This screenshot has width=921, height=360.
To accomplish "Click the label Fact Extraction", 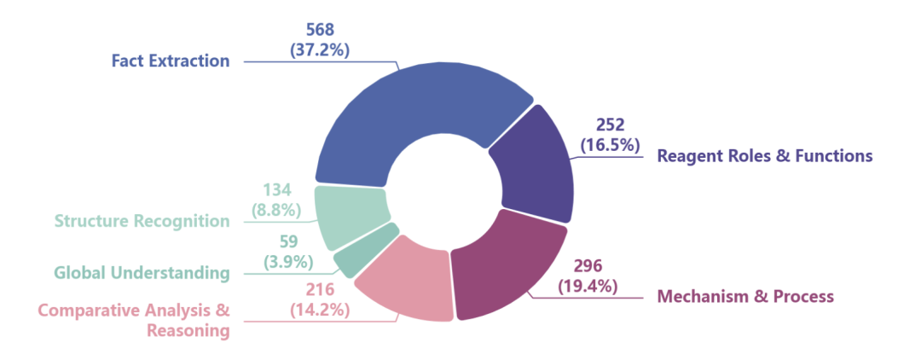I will pyautogui.click(x=171, y=61).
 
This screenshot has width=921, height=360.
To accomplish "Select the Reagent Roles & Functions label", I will pyautogui.click(x=764, y=156).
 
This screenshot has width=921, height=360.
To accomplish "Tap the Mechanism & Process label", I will pyautogui.click(x=744, y=297).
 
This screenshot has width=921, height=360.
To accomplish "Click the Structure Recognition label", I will pyautogui.click(x=142, y=221).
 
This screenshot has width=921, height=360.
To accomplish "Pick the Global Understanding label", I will pyautogui.click(x=142, y=273).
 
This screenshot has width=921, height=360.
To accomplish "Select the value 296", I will pyautogui.click(x=588, y=265).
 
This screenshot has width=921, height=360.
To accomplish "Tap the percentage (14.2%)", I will pyautogui.click(x=321, y=310).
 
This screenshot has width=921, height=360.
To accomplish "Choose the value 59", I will pyautogui.click(x=288, y=241).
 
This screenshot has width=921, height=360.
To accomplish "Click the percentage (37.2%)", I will pyautogui.click(x=321, y=49).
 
